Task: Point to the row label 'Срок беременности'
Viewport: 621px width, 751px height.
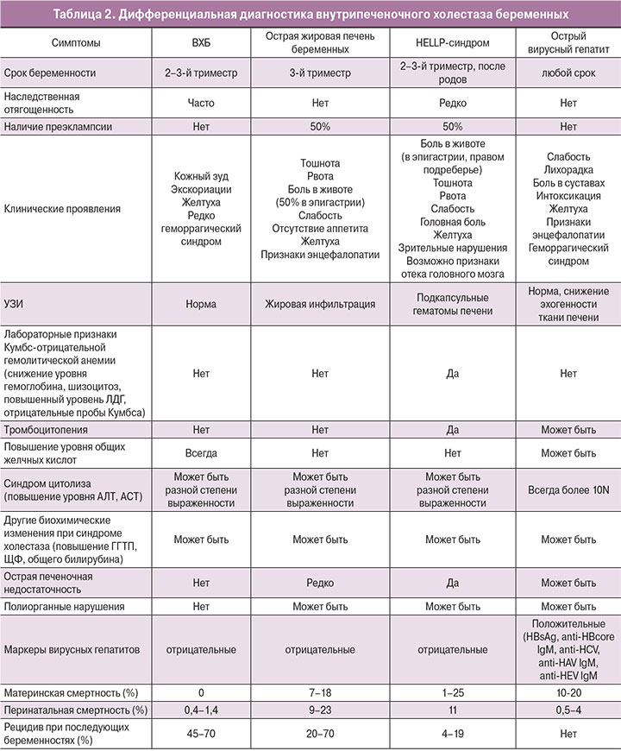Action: (x=50, y=74)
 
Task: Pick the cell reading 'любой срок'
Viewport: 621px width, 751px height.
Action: (x=568, y=74)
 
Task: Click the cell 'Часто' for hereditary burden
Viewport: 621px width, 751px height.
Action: (x=201, y=102)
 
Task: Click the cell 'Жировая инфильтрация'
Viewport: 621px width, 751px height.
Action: (x=320, y=304)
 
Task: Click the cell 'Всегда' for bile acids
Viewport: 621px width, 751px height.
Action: (x=201, y=452)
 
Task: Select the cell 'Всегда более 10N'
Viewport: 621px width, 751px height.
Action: (x=568, y=489)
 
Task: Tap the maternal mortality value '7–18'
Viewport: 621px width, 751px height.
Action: (x=320, y=693)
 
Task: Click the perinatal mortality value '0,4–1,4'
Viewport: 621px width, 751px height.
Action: (x=201, y=710)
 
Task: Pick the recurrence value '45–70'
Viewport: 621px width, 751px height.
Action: (x=201, y=732)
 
